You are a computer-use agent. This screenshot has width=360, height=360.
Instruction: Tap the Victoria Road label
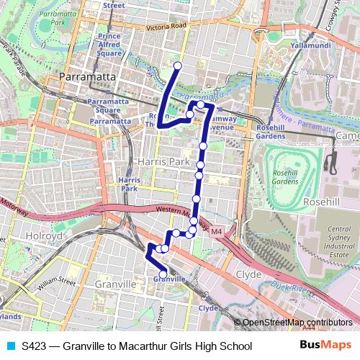[x=166, y=27]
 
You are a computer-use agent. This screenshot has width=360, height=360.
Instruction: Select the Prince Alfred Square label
[x=109, y=45]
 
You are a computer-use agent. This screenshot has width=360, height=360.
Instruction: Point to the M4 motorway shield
[x=217, y=230]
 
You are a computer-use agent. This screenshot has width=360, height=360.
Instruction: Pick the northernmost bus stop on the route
[x=177, y=66]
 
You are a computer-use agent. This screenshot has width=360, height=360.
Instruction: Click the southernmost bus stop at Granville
[x=165, y=272]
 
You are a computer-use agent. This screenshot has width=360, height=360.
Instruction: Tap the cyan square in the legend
[x=10, y=346]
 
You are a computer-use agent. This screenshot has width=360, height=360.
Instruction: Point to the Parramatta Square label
[x=107, y=106]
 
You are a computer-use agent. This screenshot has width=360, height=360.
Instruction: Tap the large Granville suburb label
[x=115, y=284]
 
